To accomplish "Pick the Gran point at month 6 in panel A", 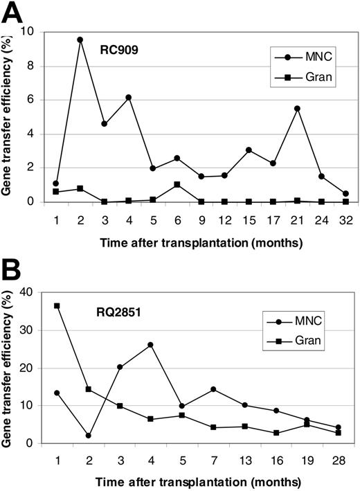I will click(x=178, y=185).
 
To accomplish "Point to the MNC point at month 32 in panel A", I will click(x=345, y=194).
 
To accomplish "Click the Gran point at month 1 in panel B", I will click(x=57, y=305).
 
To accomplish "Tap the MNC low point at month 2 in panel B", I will click(x=88, y=436).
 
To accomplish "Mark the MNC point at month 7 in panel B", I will click(x=213, y=389).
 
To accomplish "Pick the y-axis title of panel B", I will click(x=10, y=367).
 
